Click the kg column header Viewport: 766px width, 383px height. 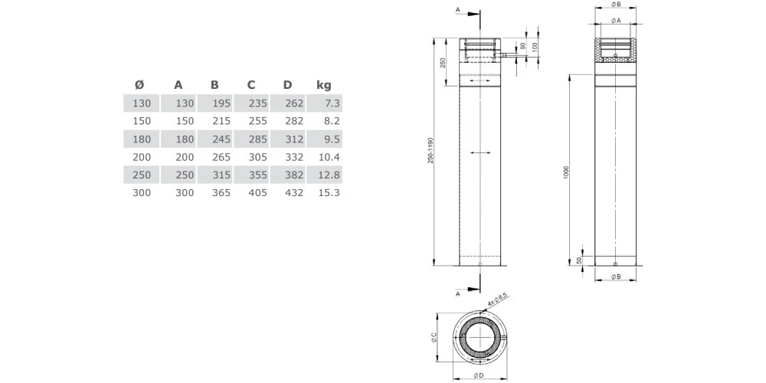tap(323, 85)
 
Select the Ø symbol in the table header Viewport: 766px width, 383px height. tap(139, 85)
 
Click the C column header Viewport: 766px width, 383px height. tap(251, 85)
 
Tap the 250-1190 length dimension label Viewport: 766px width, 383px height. tap(431, 151)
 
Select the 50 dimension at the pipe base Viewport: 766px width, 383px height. tap(579, 260)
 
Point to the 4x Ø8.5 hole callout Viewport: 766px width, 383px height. tap(498, 298)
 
